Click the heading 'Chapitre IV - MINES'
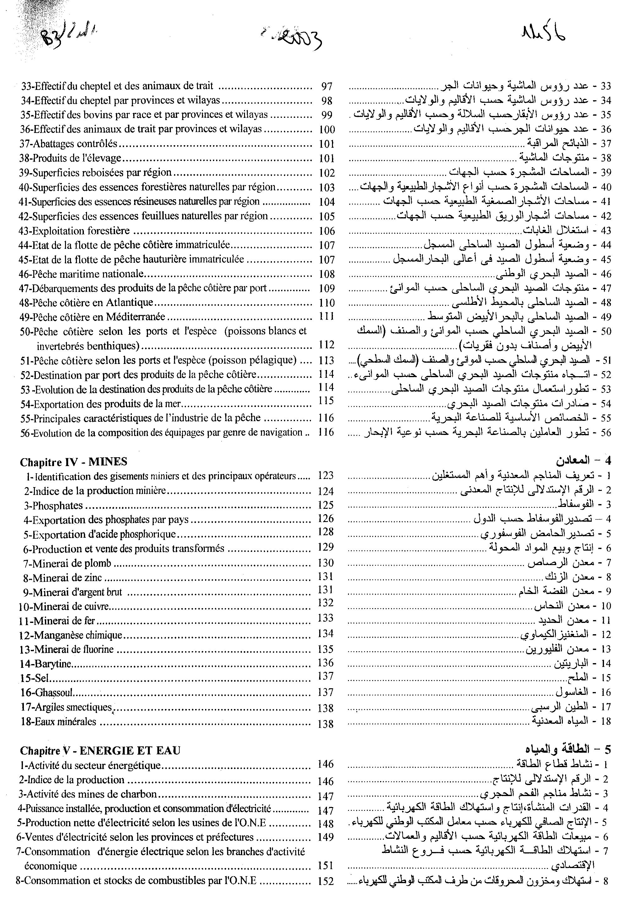(x=73, y=462)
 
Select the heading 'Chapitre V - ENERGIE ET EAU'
(x=100, y=750)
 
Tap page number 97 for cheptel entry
(x=327, y=86)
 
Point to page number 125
(x=326, y=505)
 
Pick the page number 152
(x=326, y=881)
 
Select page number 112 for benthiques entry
(x=327, y=345)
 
